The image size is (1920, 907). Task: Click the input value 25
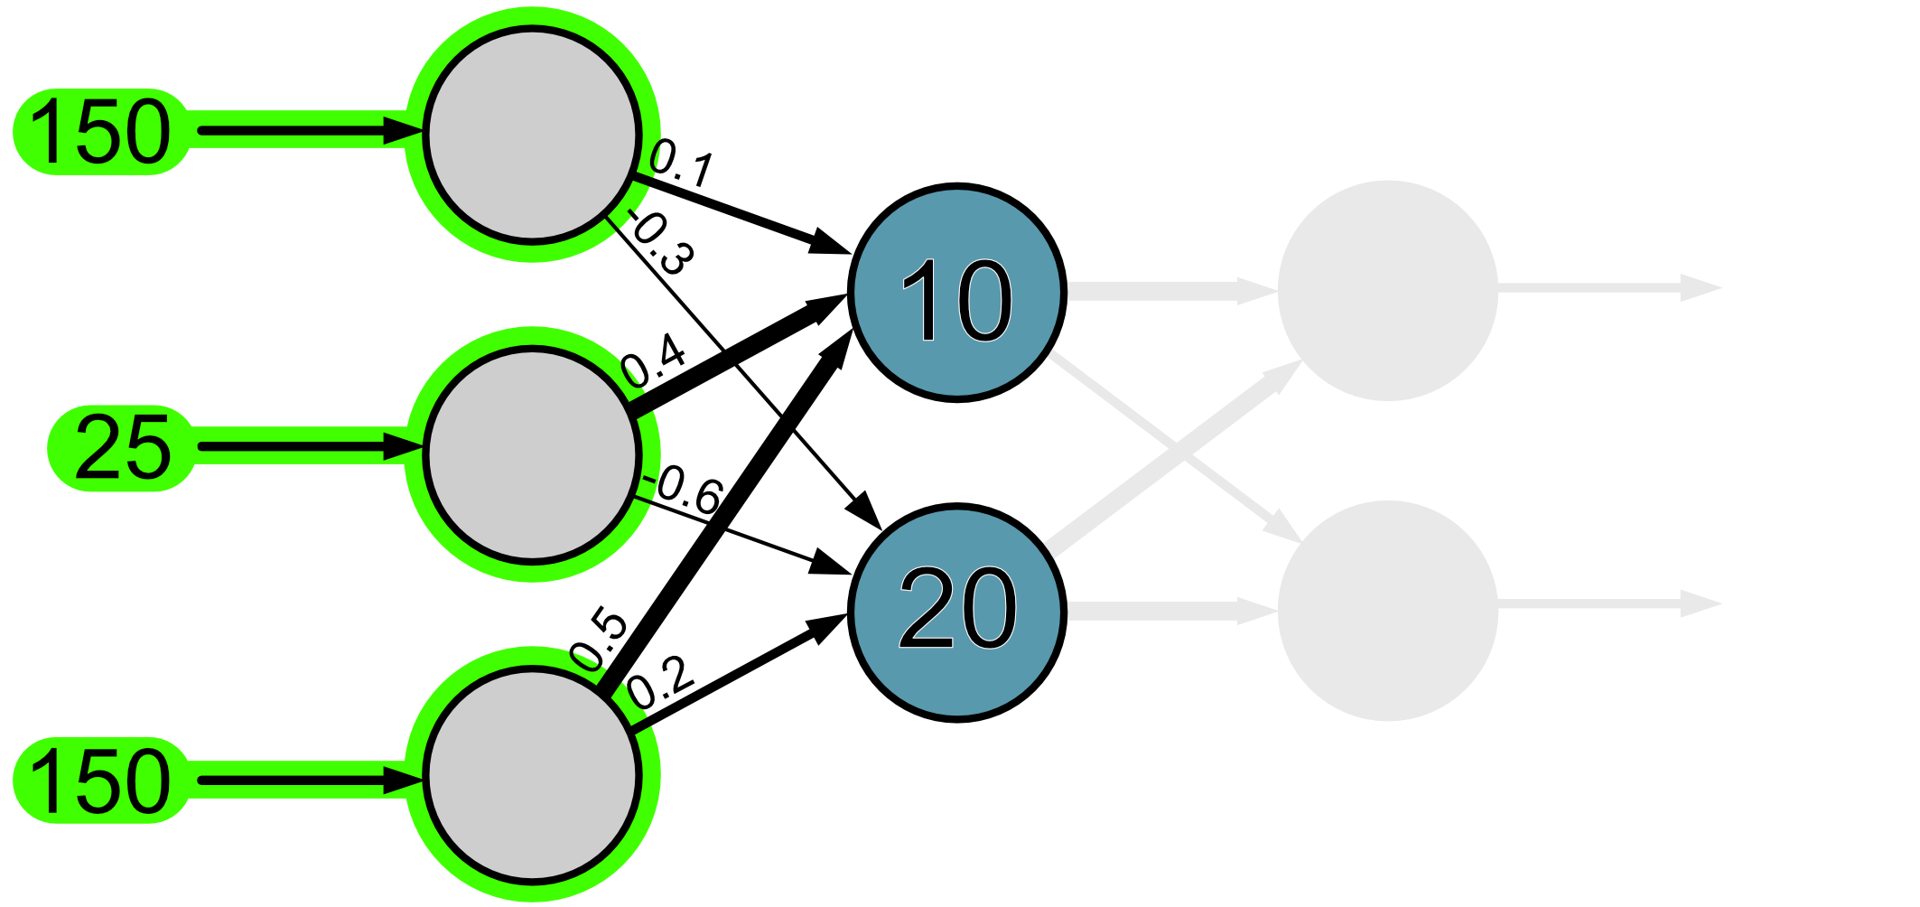tap(122, 448)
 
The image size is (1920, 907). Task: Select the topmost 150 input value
tap(100, 132)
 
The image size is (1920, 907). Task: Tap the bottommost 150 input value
tap(100, 781)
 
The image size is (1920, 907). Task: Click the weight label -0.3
tap(662, 242)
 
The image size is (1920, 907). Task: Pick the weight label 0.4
tap(654, 360)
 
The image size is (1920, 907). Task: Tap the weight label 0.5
tap(600, 641)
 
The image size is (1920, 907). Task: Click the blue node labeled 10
tap(957, 293)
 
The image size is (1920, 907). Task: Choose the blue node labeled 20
tap(957, 612)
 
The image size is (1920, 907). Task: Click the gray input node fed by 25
tap(532, 454)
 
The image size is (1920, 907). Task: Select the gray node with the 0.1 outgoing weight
tap(532, 135)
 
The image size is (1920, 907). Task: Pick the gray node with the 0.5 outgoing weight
tap(532, 774)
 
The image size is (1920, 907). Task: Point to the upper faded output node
tap(1387, 291)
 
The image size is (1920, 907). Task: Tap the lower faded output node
tap(1387, 611)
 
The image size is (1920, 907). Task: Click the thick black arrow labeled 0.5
tap(722, 515)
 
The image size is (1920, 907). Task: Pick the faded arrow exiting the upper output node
tap(1608, 289)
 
